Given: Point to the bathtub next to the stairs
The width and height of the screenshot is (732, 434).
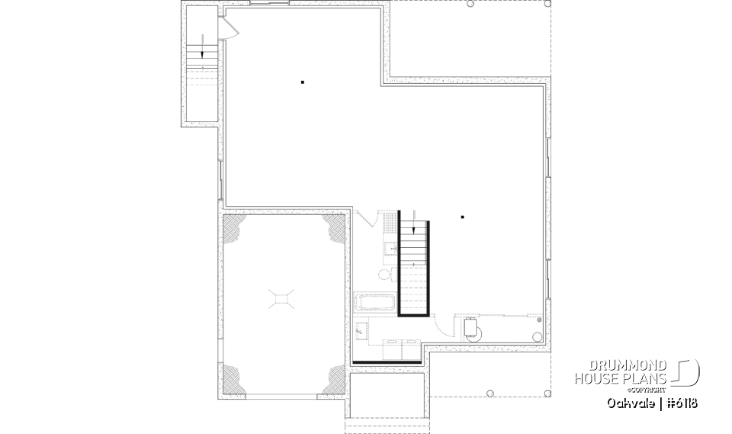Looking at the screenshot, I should (x=374, y=303).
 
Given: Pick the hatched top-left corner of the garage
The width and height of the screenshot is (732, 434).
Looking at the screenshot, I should (x=234, y=227).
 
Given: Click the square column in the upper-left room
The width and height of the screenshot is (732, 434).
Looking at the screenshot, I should (x=303, y=82).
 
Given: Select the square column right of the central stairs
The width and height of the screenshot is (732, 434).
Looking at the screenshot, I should (x=462, y=217).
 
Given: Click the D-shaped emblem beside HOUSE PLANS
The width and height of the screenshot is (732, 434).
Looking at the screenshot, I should (x=688, y=371).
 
